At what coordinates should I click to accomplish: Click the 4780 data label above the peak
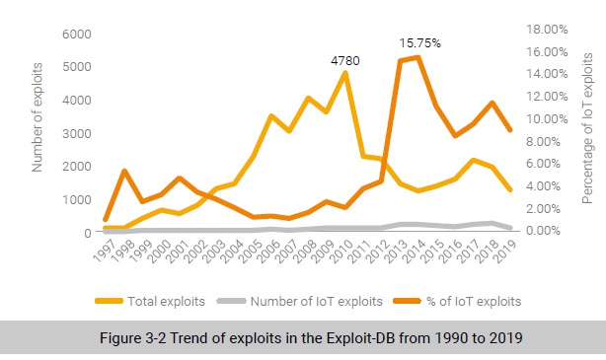pos(344,61)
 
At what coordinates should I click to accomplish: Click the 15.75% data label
pos(419,43)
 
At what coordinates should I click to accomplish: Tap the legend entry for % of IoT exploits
pos(461,301)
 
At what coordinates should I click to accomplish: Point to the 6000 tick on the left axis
pos(78,35)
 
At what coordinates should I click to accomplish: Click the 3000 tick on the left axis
pos(78,133)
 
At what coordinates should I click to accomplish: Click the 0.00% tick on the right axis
pos(544,231)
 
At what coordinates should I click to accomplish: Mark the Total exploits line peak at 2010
pos(344,73)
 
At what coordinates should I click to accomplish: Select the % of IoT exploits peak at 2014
pos(419,57)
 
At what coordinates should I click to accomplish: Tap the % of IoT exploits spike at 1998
pos(124,172)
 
